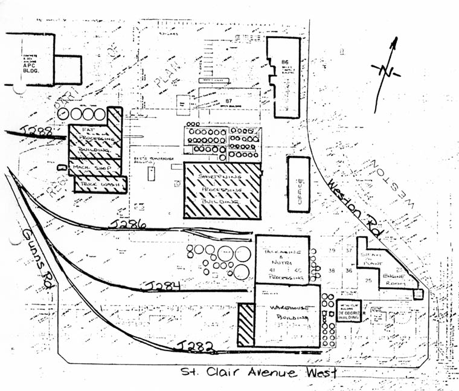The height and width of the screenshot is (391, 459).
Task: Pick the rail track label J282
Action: [194, 345]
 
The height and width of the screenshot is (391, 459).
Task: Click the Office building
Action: [298, 184]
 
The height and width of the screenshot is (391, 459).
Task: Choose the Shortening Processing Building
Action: [222, 190]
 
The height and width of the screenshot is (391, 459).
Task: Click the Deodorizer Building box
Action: [348, 311]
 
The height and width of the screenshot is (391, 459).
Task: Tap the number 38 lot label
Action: [331, 271]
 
